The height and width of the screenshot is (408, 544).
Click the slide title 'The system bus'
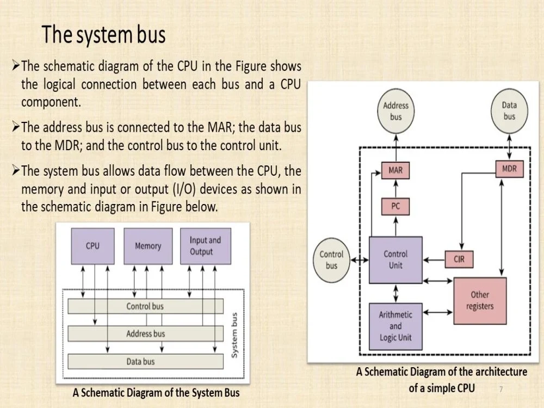(103, 35)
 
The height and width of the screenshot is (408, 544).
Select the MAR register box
(395, 170)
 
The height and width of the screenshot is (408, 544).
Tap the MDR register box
(509, 169)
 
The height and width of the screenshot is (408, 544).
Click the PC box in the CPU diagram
(395, 206)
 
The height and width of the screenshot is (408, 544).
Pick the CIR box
(459, 259)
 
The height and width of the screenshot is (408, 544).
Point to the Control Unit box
(395, 260)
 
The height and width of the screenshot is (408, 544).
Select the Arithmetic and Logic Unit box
(395, 326)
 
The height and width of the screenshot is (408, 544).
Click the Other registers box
(480, 301)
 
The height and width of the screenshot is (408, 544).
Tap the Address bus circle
(395, 111)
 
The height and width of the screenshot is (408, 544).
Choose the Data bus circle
(509, 111)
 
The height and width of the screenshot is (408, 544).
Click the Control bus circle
(331, 260)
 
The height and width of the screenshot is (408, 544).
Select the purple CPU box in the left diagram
(92, 246)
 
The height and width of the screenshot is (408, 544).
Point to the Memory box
(148, 246)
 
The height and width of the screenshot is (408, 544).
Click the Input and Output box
(206, 246)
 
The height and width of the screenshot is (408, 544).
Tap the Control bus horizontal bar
(145, 306)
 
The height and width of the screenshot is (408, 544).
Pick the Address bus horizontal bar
(145, 334)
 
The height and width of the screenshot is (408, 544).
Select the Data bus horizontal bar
(145, 362)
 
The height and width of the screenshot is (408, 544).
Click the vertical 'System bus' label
(234, 335)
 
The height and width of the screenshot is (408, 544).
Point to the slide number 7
(501, 390)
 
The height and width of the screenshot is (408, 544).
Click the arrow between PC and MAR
(395, 188)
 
